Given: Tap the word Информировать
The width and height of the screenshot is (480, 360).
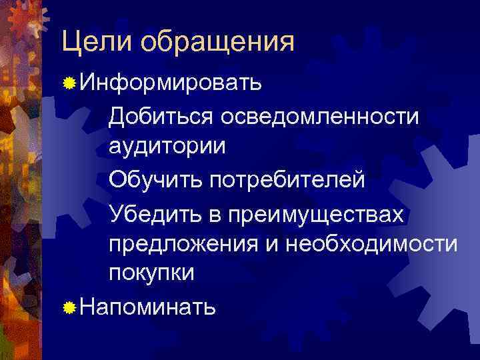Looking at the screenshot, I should point(171,83).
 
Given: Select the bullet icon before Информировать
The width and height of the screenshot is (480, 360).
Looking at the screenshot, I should point(68,84).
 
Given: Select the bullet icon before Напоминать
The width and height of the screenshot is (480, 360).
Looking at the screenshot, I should point(68,307).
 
